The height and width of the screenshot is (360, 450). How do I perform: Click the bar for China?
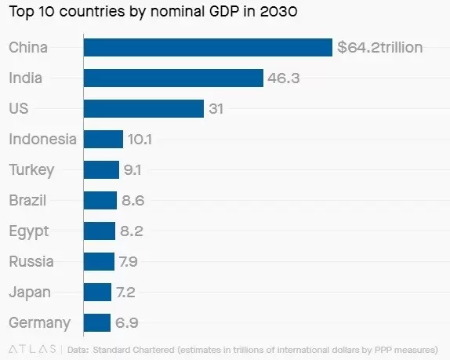tap(208, 47)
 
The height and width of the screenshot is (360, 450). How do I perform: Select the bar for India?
tap(172, 78)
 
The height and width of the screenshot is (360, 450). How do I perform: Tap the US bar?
tap(143, 108)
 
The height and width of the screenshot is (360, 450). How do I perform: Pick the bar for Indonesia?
tap(103, 139)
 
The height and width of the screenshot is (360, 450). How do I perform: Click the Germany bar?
tap(97, 322)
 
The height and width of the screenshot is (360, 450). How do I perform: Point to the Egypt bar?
tap(100, 231)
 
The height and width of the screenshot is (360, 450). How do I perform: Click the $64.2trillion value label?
tap(379, 47)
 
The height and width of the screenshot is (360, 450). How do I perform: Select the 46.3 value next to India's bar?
tap(284, 78)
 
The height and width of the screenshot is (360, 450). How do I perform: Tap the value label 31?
tap(216, 108)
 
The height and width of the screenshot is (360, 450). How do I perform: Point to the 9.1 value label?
tap(132, 169)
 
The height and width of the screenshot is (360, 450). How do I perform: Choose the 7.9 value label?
tap(128, 261)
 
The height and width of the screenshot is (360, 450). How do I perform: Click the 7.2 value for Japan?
tap(126, 292)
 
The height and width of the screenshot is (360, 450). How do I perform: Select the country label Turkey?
tap(31, 169)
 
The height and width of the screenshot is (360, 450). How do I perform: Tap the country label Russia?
tap(31, 261)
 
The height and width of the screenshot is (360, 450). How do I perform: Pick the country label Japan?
tap(30, 292)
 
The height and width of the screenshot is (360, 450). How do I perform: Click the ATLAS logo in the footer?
tap(31, 347)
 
